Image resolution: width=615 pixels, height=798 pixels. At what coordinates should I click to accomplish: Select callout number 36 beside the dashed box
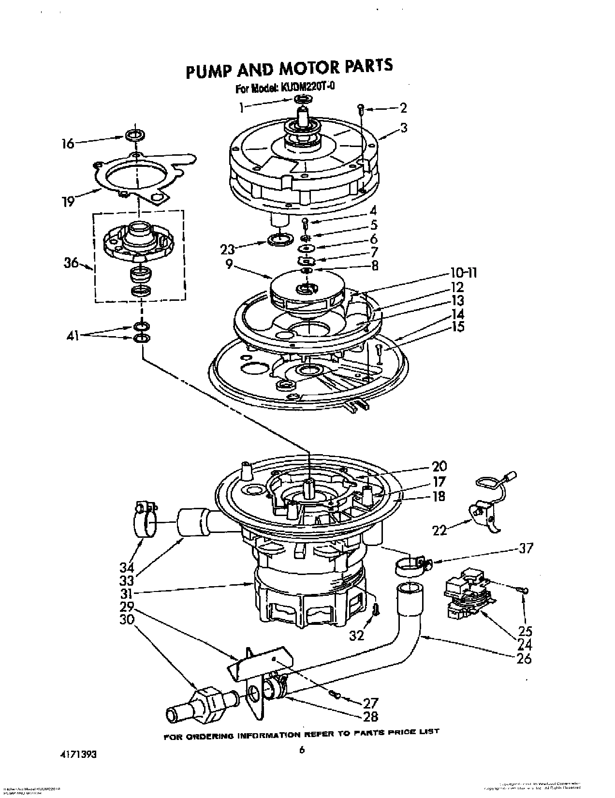coord(71,263)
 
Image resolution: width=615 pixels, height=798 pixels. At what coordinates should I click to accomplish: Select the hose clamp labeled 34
coord(143,518)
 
